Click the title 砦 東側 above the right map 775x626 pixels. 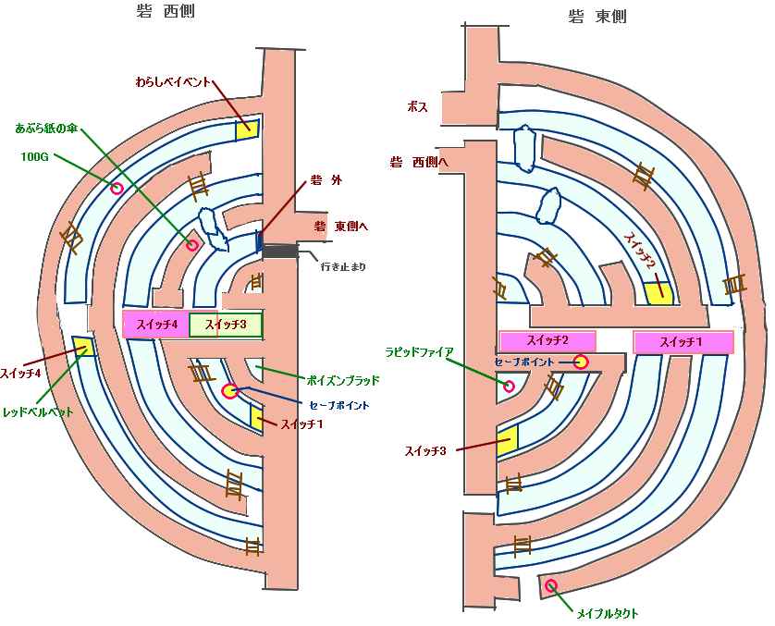pos(597,16)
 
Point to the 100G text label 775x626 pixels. pos(35,156)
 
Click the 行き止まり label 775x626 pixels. pos(343,267)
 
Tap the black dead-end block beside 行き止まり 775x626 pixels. pos(279,252)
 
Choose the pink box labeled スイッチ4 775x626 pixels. pos(156,325)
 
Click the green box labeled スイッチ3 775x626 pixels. pos(226,325)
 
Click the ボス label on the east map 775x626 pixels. pos(417,107)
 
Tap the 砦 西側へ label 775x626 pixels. pos(417,163)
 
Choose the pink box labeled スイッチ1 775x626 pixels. pos(683,342)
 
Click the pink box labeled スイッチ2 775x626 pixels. pos(547,340)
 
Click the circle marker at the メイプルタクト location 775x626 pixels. pos(551,585)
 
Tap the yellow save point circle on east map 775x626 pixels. pos(581,362)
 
